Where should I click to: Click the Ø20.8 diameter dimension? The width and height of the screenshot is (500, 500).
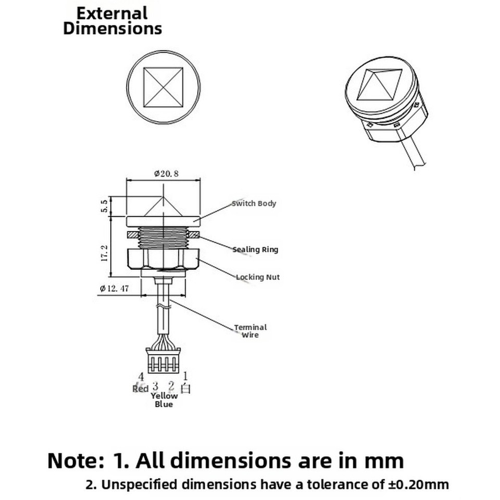pyautogui.click(x=166, y=174)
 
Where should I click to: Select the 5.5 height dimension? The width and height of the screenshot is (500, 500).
pyautogui.click(x=105, y=206)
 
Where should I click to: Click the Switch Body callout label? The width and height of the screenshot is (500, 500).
pyautogui.click(x=254, y=203)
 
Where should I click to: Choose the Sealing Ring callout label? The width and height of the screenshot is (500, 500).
pyautogui.click(x=255, y=249)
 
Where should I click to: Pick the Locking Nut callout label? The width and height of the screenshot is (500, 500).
pyautogui.click(x=258, y=277)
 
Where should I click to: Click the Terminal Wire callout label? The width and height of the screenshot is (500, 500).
pyautogui.click(x=250, y=331)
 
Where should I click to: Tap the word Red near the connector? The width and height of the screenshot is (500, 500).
pyautogui.click(x=141, y=389)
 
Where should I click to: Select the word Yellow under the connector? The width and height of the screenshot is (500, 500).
pyautogui.click(x=164, y=396)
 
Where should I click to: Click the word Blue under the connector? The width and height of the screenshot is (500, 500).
pyautogui.click(x=164, y=404)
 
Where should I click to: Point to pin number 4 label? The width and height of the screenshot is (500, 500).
pyautogui.click(x=141, y=377)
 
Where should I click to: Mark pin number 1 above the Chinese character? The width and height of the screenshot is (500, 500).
pyautogui.click(x=186, y=376)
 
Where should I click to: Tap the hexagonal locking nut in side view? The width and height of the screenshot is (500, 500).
pyautogui.click(x=164, y=258)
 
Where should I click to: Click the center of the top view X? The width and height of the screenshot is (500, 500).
pyautogui.click(x=164, y=86)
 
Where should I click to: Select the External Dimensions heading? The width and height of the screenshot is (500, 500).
pyautogui.click(x=113, y=21)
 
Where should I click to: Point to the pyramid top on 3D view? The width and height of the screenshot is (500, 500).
pyautogui.click(x=381, y=84)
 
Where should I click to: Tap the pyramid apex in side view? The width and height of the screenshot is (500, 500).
pyautogui.click(x=164, y=197)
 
